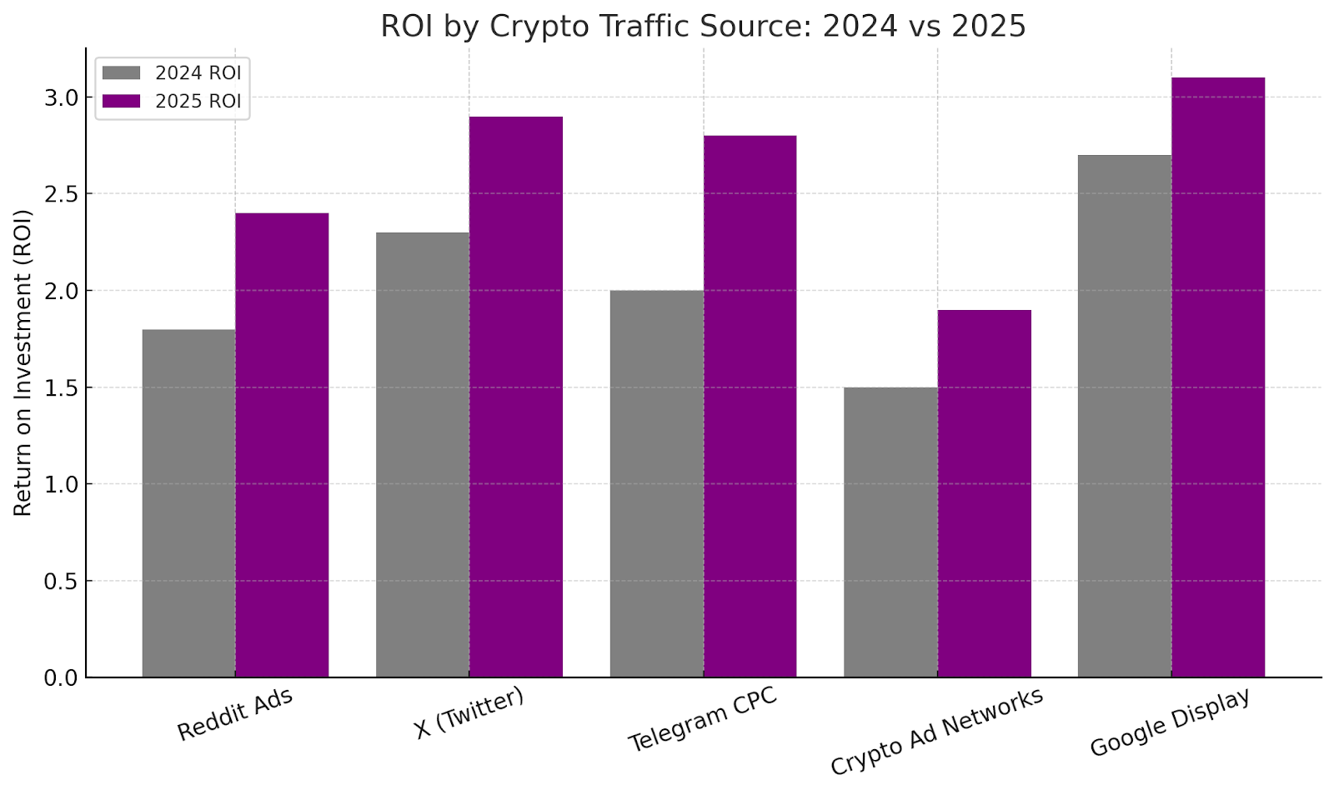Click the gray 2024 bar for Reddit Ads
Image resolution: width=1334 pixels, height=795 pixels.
click(x=188, y=503)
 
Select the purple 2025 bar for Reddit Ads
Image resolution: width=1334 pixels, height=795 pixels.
click(x=282, y=445)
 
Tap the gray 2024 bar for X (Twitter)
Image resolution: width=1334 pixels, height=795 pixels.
click(x=423, y=455)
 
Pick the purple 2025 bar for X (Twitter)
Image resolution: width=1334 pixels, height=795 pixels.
click(x=516, y=397)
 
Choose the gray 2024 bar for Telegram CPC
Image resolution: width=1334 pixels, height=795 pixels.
click(x=656, y=483)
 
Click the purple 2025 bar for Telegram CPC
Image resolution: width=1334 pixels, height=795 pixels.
click(x=750, y=407)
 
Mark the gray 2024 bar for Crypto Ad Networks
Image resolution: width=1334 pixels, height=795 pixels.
click(x=890, y=532)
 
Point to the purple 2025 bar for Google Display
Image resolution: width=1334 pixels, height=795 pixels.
click(x=1218, y=377)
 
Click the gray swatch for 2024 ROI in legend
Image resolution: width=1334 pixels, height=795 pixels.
click(x=121, y=73)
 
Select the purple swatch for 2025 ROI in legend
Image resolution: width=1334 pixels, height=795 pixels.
click(x=121, y=101)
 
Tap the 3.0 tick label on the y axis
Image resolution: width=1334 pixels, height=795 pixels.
click(x=61, y=98)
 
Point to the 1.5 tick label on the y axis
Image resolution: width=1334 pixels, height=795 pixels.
click(x=61, y=388)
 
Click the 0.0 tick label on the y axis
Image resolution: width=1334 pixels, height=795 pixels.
click(x=61, y=678)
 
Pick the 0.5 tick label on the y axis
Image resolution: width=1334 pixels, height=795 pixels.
click(x=61, y=582)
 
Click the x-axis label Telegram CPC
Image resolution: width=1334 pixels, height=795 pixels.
click(x=702, y=718)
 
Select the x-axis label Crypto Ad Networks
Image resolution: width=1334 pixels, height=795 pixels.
click(x=936, y=732)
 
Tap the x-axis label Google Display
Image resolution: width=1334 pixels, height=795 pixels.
click(x=1170, y=722)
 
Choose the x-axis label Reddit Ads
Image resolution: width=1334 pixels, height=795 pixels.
click(x=235, y=714)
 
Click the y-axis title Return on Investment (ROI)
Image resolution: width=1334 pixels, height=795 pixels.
click(x=23, y=362)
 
